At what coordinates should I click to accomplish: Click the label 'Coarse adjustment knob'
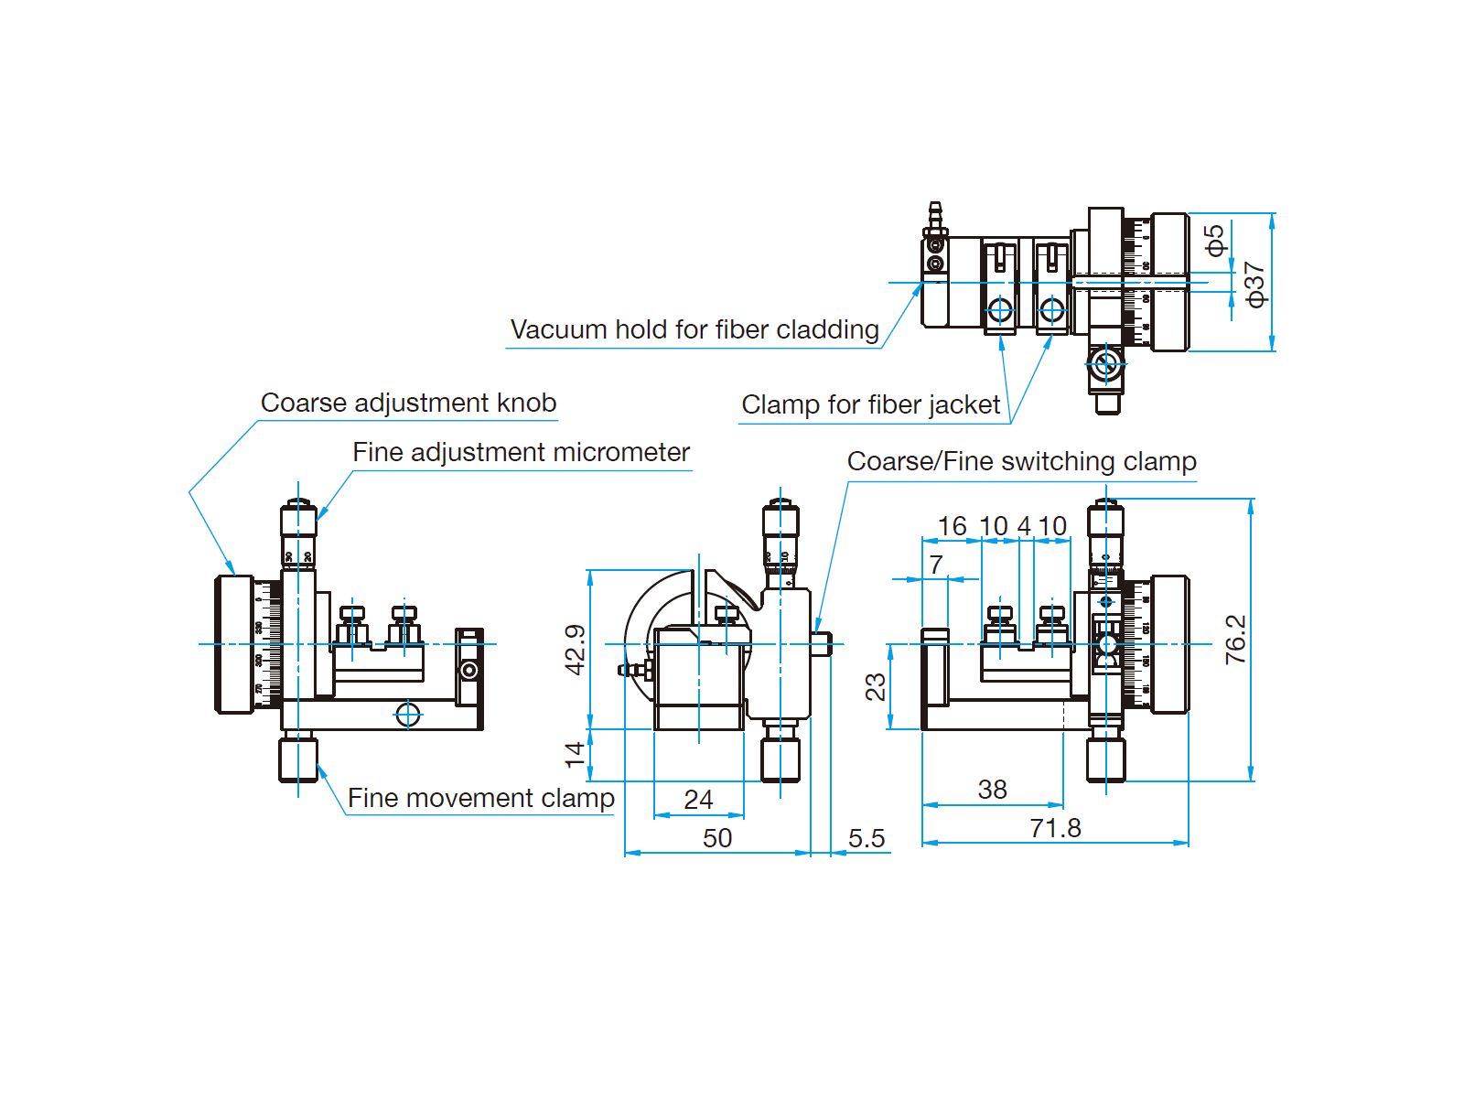pos(408,403)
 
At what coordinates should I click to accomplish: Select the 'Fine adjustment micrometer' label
pos(521,452)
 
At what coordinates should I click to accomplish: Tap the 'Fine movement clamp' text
pos(480,798)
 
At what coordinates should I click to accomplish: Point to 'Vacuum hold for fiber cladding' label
pos(694,329)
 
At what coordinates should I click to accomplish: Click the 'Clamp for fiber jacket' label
pos(870,404)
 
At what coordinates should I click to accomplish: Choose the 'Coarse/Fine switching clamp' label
pos(1021,461)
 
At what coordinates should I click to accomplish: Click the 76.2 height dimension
pos(1235,639)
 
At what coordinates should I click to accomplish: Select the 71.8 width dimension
pos(1055,828)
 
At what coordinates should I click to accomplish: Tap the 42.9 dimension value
pos(575,650)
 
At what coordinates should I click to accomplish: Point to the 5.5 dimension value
pos(866,838)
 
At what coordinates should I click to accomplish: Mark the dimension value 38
pos(992,790)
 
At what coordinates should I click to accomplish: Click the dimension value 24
pos(698,800)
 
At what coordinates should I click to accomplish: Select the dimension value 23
pos(876,686)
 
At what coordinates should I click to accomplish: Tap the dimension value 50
pos(717,838)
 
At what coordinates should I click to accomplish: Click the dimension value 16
pos(952,526)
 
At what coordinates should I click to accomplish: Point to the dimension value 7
pos(936,565)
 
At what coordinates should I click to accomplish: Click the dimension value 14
pos(575,754)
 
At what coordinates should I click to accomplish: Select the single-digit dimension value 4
pos(1024,526)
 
